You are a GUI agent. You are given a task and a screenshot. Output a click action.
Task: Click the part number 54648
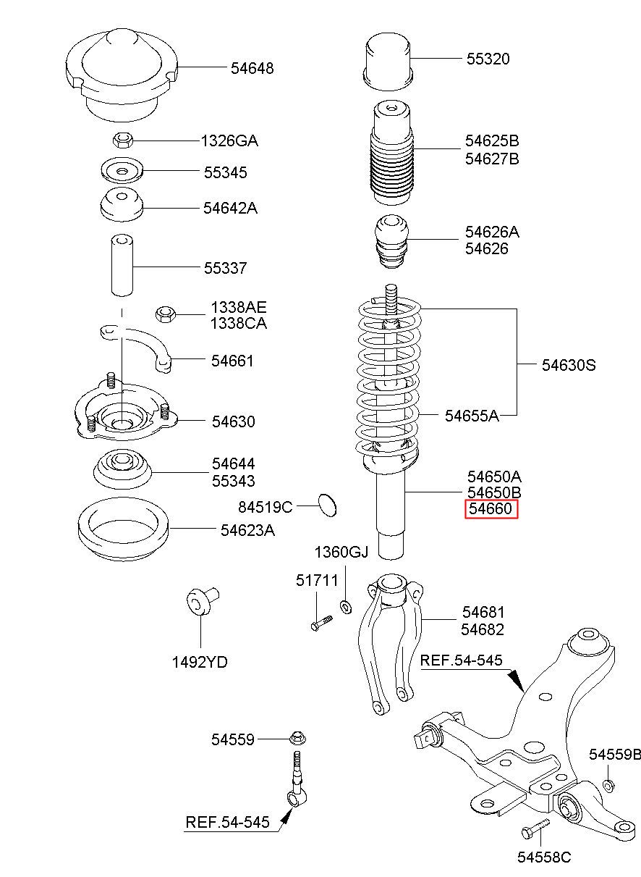point(252,68)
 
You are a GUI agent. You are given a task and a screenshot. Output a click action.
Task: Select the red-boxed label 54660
point(491,509)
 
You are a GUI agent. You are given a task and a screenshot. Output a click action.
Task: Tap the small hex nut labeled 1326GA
point(122,139)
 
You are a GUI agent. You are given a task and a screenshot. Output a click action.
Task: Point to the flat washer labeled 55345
point(122,172)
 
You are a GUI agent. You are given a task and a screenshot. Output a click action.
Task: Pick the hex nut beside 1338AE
point(166,314)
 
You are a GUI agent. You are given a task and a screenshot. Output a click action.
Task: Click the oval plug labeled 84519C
point(328,504)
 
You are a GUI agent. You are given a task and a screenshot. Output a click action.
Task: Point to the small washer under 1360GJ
point(346,605)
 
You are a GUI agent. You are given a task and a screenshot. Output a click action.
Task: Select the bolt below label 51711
point(320,622)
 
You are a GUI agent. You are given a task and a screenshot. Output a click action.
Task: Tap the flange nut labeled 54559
point(297,739)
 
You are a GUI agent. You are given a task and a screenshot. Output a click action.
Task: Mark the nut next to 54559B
point(609,784)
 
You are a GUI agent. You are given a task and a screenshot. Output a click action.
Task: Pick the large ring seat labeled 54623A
point(122,532)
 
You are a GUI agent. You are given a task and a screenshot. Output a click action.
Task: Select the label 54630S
point(568,365)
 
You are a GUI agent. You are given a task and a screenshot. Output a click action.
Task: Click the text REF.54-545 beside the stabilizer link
point(227,822)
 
